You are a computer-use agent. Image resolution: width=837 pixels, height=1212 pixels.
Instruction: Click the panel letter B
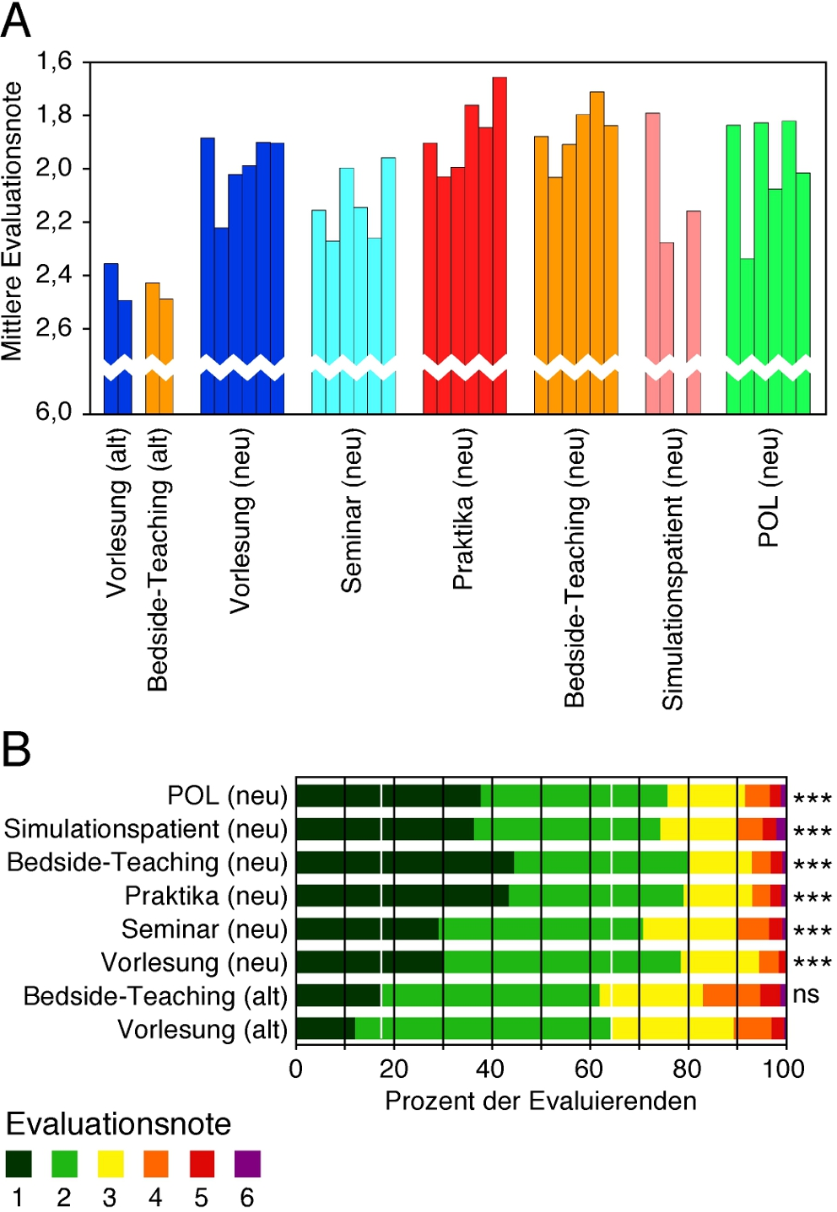coord(16,749)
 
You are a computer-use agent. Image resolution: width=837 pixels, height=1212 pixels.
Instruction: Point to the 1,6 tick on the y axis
coord(53,62)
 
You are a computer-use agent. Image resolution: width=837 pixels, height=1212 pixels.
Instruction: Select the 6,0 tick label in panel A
coord(53,412)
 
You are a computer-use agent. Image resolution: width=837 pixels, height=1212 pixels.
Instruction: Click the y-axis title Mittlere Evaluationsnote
coord(12,221)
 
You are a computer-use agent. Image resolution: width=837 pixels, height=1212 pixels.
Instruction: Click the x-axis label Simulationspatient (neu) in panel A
coord(672,569)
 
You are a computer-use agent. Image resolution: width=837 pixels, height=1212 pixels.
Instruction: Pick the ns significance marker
coord(806,994)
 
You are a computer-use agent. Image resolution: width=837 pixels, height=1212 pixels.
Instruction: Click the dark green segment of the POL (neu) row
coord(388,795)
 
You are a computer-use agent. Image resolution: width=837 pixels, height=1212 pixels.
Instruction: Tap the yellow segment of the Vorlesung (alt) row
coord(672,1029)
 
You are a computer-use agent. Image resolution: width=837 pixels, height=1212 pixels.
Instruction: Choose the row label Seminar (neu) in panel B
coord(204,929)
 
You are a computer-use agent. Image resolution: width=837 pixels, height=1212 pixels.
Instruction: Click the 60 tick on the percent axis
coord(589,1069)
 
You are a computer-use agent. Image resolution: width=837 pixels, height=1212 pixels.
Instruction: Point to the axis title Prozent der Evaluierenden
coord(541,1101)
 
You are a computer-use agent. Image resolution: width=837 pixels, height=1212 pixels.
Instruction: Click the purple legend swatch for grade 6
coord(247,1164)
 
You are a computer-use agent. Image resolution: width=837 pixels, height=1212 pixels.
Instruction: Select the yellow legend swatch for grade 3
coord(111,1164)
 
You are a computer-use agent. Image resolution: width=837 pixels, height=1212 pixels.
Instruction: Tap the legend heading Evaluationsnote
coord(118,1124)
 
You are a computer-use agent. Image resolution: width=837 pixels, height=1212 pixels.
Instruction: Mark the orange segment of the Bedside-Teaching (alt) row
coord(731,995)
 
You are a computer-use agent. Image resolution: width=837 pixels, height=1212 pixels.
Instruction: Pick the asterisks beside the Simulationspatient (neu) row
coord(813,831)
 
